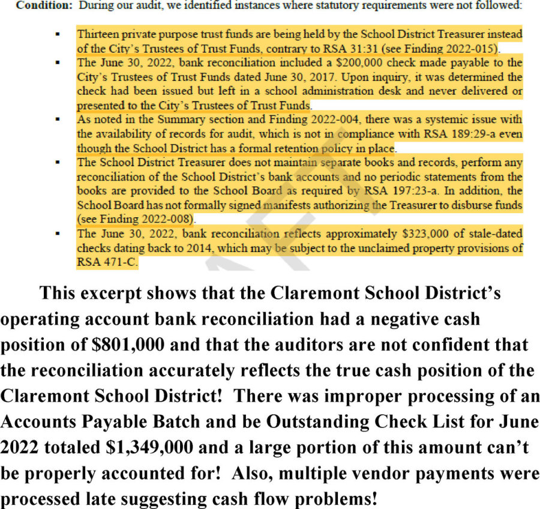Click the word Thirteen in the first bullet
pyautogui.click(x=96, y=34)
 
